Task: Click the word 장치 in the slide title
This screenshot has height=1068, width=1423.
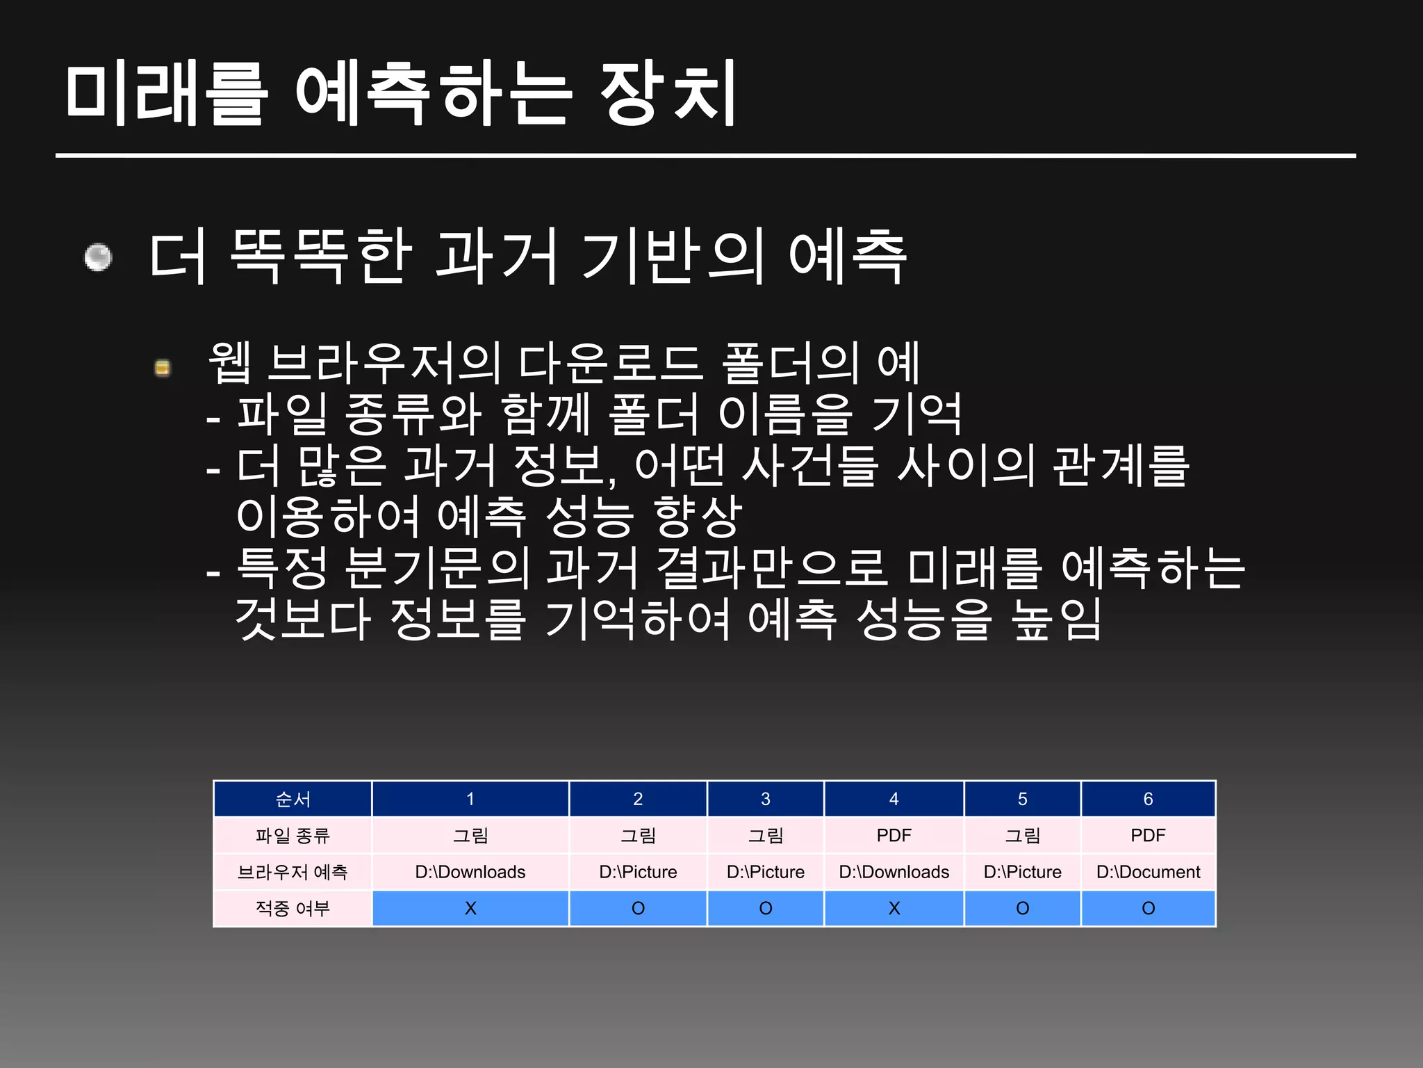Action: (667, 94)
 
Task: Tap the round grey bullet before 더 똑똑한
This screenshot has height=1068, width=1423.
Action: (98, 257)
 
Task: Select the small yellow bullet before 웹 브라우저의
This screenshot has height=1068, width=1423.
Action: (163, 367)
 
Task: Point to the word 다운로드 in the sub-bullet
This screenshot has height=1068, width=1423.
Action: (611, 363)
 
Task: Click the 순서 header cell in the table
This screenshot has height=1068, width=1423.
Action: (293, 799)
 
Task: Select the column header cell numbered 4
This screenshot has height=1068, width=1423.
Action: (894, 799)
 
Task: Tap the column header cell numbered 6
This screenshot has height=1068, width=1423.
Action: (1148, 799)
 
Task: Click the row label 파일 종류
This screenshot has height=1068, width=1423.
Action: (293, 835)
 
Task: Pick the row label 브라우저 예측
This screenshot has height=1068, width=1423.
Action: (293, 872)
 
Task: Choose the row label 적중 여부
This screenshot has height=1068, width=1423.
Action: (293, 908)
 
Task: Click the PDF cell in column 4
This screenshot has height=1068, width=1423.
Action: (894, 835)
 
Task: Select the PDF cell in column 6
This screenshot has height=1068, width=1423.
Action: (1148, 835)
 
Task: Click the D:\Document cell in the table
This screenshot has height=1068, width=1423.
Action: (1148, 872)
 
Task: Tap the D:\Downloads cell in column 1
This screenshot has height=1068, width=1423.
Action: (470, 872)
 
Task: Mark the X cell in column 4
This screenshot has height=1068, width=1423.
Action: (894, 908)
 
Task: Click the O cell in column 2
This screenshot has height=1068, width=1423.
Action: (638, 908)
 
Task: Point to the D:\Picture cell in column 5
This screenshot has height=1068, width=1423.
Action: (1022, 872)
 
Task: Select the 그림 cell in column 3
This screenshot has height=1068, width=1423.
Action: (765, 835)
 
